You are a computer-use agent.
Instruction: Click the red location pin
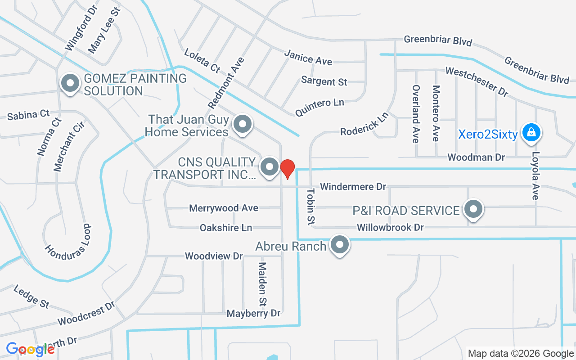point(288,168)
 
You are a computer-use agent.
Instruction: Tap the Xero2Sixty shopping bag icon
point(531,133)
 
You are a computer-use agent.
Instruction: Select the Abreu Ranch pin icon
point(340,245)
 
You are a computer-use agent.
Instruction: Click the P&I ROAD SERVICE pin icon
point(473,209)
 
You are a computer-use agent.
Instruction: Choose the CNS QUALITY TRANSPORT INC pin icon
point(270,167)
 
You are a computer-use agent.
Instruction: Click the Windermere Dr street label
point(353,186)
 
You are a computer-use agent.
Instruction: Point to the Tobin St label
point(311,207)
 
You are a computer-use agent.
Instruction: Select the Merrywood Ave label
point(224,208)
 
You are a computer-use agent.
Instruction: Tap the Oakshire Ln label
point(226,228)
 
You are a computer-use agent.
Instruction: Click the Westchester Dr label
point(477,81)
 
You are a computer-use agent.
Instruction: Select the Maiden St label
point(262,283)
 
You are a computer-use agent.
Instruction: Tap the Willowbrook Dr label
point(390,227)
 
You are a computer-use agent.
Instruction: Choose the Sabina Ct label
point(28,115)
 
